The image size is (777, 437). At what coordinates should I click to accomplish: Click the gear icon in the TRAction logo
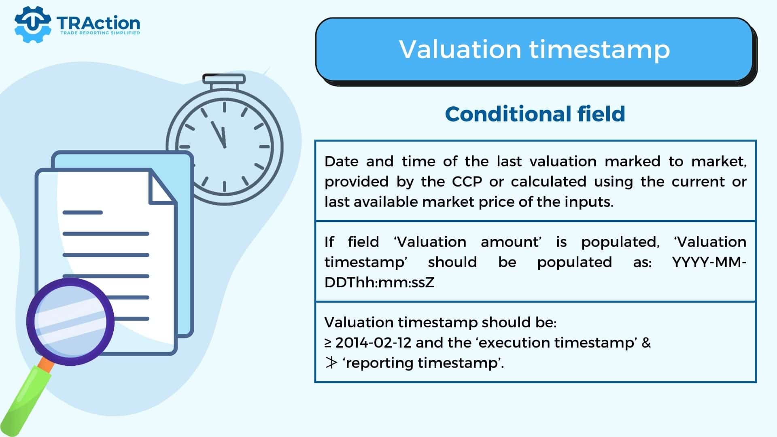pos(32,24)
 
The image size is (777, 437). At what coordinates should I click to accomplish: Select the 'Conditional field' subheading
pos(535,114)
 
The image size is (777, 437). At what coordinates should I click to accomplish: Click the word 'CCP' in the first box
pos(467,182)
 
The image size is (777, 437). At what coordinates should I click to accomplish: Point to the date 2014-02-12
pos(373,343)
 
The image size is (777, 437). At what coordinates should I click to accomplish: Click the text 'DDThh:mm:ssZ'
pos(379,282)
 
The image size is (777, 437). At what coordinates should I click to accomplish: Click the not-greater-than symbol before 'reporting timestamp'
pos(331,363)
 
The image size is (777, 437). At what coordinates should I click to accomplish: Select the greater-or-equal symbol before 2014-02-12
pos(328,343)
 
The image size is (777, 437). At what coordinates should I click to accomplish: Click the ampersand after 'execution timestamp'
pos(646,343)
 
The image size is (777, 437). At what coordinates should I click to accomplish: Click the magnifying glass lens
pos(70,321)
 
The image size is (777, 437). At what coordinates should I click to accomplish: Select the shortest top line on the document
pos(83,212)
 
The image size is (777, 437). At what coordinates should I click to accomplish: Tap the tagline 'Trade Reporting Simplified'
pos(100,33)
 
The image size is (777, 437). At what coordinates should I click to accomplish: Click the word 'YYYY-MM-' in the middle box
pos(709,262)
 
